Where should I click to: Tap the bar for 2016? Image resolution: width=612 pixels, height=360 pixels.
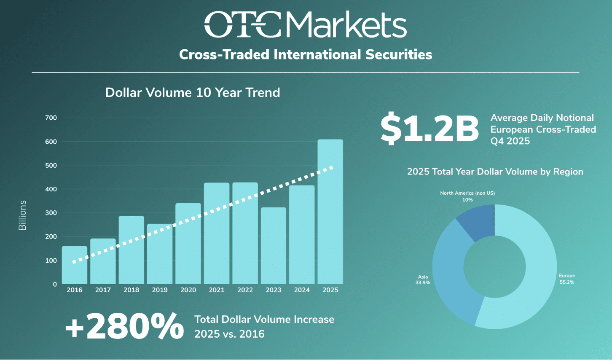(75, 265)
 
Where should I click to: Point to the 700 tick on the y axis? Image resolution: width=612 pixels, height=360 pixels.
(51, 118)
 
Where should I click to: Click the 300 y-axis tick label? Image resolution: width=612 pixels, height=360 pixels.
(51, 213)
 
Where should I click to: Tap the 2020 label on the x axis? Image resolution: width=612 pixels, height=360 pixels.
(188, 290)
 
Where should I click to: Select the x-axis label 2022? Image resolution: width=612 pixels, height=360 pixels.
(245, 290)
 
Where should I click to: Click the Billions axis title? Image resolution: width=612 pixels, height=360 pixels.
(22, 215)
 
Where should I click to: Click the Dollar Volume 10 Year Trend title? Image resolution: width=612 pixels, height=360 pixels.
(193, 93)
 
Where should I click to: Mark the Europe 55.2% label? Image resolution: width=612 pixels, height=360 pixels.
(566, 279)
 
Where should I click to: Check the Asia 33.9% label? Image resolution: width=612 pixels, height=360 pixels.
(423, 280)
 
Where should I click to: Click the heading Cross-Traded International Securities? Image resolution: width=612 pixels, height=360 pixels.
(306, 55)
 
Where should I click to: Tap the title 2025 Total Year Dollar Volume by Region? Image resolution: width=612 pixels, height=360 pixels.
(495, 172)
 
